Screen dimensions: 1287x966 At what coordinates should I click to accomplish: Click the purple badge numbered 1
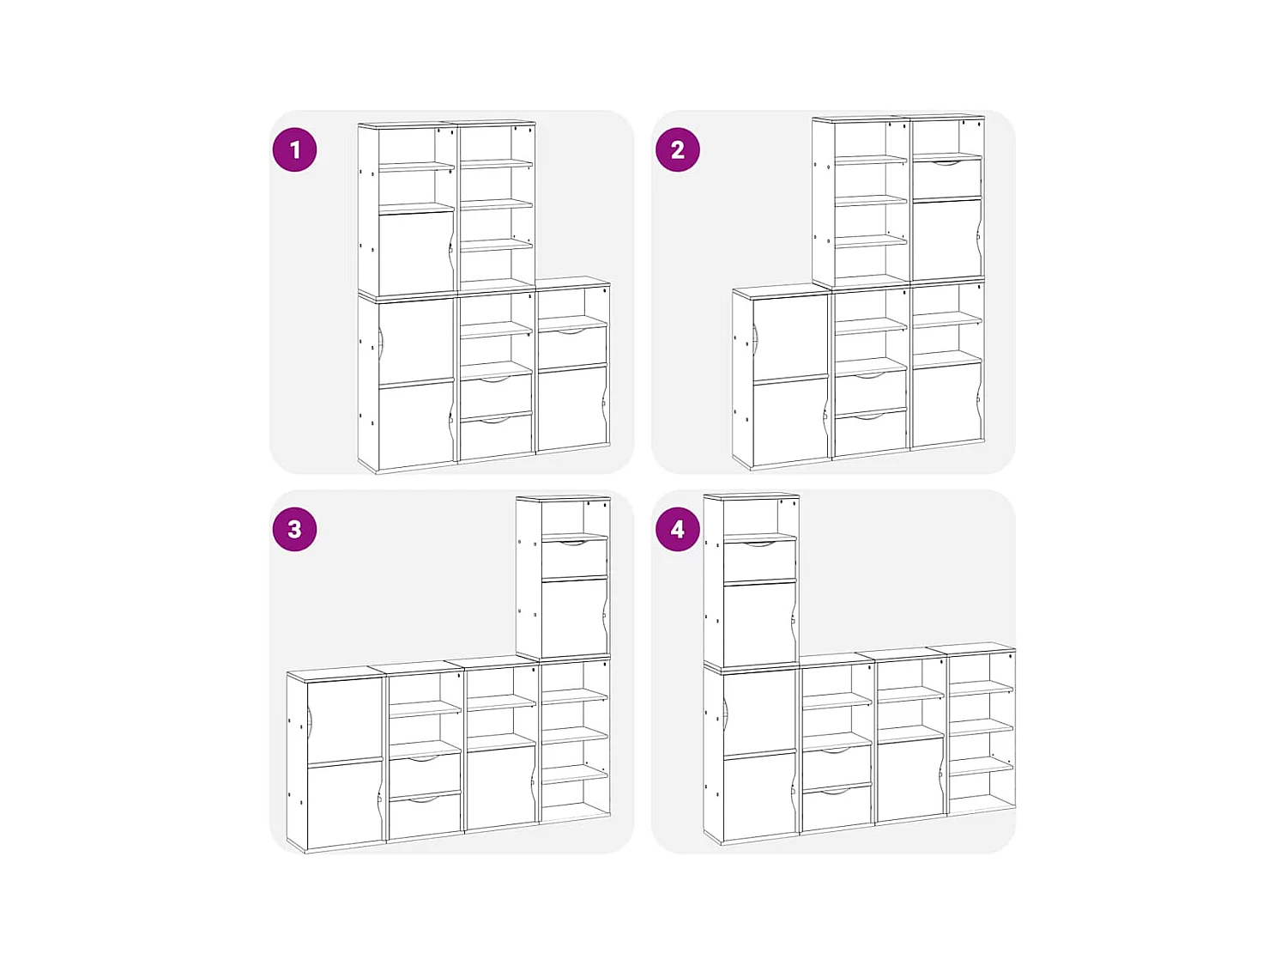(294, 149)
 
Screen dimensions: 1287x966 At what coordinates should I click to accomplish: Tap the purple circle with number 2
(677, 149)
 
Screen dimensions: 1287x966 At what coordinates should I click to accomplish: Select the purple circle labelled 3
(294, 529)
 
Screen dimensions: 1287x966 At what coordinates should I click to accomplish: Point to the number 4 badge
(677, 529)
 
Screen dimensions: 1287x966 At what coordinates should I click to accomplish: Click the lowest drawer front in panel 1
(496, 437)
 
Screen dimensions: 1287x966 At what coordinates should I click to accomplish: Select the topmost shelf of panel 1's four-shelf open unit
(497, 164)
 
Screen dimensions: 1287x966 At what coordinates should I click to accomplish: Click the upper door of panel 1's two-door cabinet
(416, 342)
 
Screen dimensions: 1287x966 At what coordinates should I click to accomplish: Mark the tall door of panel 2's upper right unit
(947, 239)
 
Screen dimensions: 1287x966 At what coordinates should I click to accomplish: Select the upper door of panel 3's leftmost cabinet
(344, 720)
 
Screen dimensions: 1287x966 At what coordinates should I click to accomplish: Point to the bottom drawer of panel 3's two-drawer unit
(425, 816)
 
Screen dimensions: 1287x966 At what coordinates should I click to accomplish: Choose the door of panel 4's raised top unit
(760, 623)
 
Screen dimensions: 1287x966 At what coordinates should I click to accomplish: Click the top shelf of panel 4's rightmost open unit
(981, 688)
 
